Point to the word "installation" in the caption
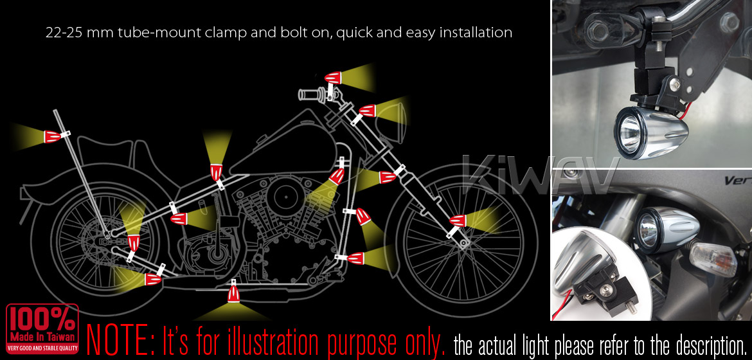pos(475,33)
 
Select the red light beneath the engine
pos(234,296)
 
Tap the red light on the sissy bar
pos(53,136)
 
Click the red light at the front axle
pos(458,221)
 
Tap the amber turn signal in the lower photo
pos(712,258)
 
